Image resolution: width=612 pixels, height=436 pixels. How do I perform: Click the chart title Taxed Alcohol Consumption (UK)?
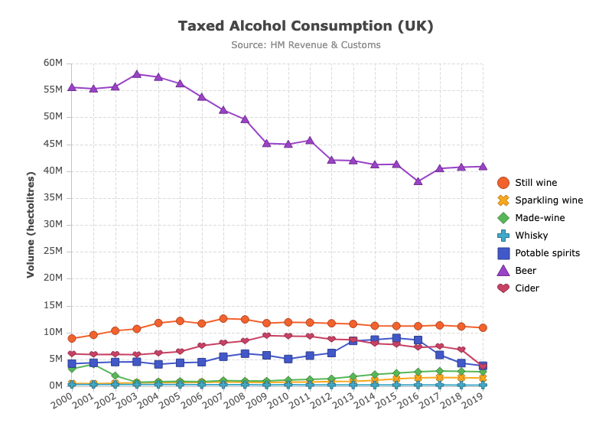305,26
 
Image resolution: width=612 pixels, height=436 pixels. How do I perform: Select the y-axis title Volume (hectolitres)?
31,225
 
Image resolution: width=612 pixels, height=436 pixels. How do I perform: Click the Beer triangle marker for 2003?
137,73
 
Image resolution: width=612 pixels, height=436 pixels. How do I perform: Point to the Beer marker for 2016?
418,181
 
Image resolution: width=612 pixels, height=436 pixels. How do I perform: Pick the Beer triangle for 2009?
266,143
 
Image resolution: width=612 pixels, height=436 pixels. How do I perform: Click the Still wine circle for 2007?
223,318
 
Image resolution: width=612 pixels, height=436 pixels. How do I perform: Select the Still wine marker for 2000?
72,338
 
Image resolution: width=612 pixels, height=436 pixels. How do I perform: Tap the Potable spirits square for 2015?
396,338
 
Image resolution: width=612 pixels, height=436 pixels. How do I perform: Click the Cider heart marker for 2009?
266,336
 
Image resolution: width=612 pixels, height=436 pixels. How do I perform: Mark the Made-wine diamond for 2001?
93,364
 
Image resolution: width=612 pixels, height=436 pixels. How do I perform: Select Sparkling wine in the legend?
540,200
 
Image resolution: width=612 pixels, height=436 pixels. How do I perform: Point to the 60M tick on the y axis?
53,63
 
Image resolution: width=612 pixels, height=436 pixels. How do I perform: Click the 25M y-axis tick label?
53,251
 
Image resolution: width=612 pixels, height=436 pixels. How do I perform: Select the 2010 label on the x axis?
278,400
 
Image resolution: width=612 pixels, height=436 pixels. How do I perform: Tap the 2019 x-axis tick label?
473,400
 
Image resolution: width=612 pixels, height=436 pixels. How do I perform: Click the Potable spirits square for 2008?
245,353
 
